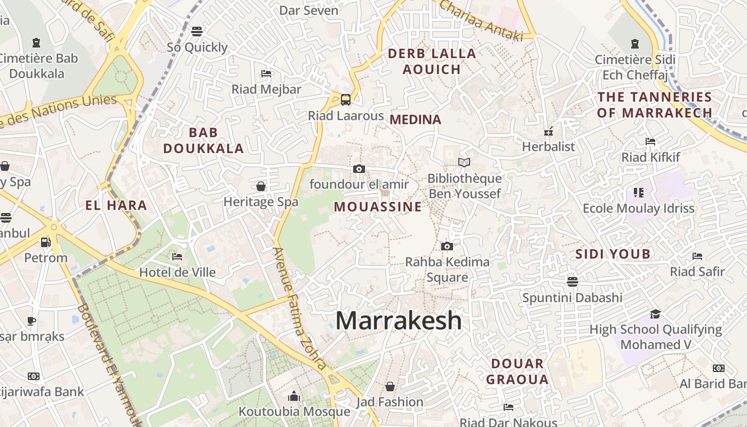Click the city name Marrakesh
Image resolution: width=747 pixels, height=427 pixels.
point(399,320)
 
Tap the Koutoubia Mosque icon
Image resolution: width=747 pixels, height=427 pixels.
point(294,396)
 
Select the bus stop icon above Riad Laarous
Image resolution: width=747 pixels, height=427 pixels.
point(346,99)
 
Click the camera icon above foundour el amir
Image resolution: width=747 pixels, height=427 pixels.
point(359,169)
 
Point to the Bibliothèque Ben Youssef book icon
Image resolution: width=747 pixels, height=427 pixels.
point(464,162)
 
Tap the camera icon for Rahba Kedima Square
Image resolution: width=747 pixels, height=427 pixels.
point(447,246)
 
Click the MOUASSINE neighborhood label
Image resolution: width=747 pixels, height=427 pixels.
point(378,207)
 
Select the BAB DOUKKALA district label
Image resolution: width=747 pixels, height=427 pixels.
point(203,140)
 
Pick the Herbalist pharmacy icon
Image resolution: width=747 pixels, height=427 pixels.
point(548,131)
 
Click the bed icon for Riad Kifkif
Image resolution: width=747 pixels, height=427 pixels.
point(650,141)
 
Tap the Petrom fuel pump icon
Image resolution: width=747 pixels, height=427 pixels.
point(46,242)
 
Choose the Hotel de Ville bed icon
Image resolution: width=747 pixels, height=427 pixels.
point(177,257)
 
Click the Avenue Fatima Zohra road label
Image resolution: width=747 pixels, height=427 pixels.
point(300,309)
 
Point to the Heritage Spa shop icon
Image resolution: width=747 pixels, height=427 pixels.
point(261,186)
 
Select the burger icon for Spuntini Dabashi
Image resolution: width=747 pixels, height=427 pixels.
point(573,281)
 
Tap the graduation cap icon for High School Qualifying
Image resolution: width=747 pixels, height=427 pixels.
point(655,314)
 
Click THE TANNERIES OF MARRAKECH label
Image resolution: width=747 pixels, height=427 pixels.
point(655,105)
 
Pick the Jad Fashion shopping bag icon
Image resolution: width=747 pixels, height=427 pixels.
point(390,386)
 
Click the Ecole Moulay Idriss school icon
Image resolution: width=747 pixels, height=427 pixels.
point(638,192)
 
